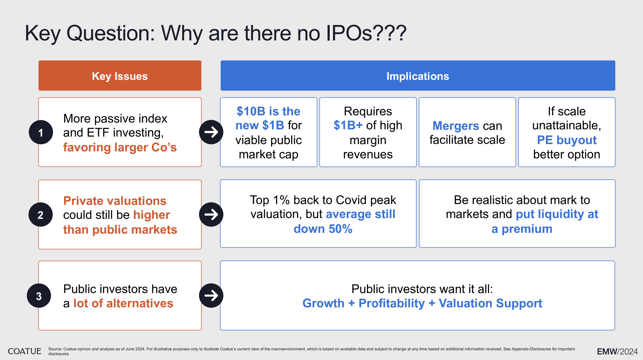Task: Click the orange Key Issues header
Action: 120,76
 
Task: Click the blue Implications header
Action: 418,76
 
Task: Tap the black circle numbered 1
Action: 41,132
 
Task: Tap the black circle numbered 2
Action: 41,215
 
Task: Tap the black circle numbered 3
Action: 39,296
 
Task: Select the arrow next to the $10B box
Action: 211,132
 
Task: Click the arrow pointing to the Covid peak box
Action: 211,215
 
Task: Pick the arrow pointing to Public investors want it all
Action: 211,295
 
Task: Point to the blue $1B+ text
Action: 348,125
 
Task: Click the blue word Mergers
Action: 456,126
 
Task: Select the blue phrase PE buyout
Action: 567,140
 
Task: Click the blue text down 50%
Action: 323,229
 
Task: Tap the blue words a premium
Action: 522,229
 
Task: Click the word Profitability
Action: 392,303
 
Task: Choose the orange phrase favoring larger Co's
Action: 120,147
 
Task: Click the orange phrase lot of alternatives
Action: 123,303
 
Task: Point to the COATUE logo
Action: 24,351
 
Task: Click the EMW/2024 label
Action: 617,351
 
